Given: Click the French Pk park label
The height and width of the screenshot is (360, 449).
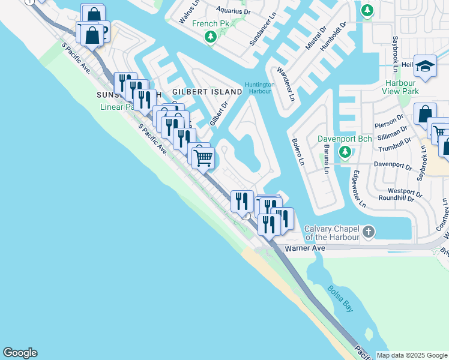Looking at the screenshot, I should click(207, 24).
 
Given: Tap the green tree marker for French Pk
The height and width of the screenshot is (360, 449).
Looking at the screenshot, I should click(211, 37).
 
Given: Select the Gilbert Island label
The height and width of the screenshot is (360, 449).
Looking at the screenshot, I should click(207, 92).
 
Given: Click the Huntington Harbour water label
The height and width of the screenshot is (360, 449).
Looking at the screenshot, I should click(259, 88).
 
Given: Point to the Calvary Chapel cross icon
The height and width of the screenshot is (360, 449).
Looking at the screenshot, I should click(370, 232).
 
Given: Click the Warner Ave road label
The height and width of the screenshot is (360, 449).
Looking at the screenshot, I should click(304, 248).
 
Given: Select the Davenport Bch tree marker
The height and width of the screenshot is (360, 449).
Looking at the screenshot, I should click(345, 152).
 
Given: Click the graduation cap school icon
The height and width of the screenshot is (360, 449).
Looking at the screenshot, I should click(425, 67).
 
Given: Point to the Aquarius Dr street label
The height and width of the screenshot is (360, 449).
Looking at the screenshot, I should click(232, 10).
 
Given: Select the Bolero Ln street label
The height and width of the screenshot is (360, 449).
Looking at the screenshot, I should click(298, 152).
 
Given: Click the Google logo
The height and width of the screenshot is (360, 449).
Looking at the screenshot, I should click(20, 353).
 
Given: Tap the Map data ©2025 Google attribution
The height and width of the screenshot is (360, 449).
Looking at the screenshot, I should click(412, 355).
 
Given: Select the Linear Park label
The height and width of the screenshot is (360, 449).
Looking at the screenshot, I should click(118, 107).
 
